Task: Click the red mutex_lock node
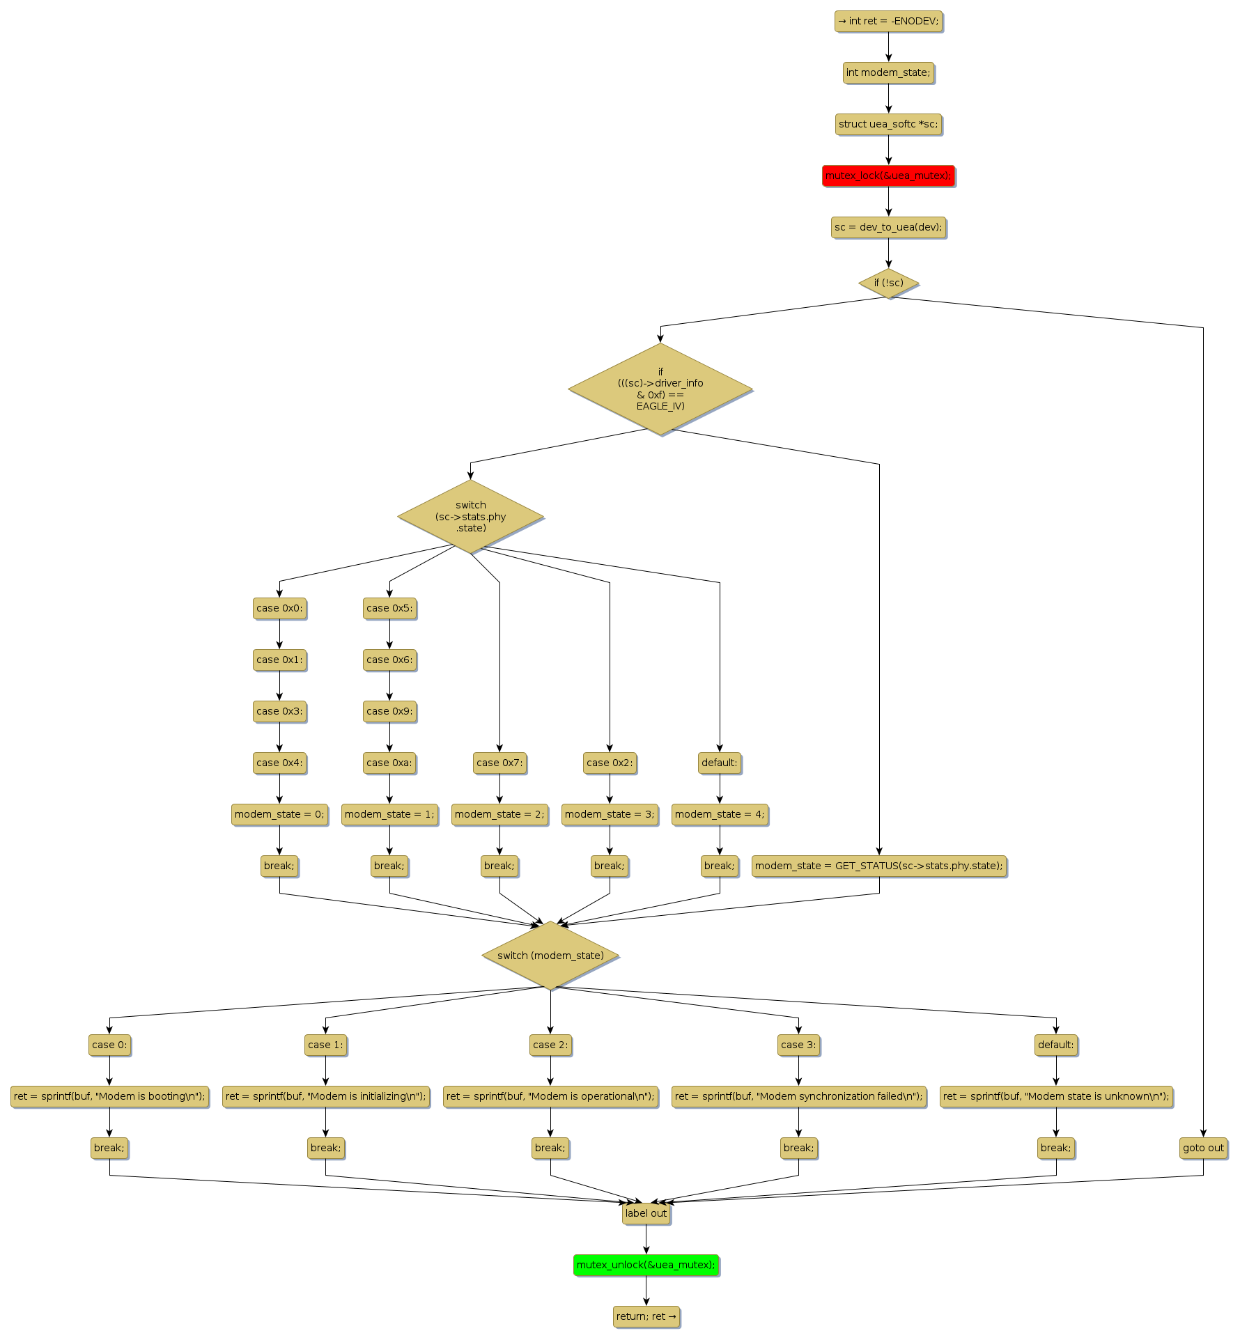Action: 888,176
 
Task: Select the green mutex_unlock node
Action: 646,1265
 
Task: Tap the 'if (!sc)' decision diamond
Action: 888,283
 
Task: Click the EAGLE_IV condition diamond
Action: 660,389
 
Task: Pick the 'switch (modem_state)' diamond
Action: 550,956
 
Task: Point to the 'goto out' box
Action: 1203,1148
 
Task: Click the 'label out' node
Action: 646,1213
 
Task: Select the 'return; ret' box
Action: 646,1316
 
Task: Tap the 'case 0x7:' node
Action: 499,763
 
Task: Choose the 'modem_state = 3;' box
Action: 610,814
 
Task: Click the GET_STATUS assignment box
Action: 879,866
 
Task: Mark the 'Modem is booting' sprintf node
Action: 109,1096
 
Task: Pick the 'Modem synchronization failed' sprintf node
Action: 798,1096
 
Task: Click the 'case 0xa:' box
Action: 389,763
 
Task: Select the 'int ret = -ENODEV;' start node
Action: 888,21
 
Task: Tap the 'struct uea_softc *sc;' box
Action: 888,124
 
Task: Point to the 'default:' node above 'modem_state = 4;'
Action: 720,763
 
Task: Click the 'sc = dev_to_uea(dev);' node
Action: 888,227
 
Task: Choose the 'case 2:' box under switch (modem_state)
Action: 550,1045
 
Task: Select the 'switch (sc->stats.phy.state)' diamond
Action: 470,517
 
